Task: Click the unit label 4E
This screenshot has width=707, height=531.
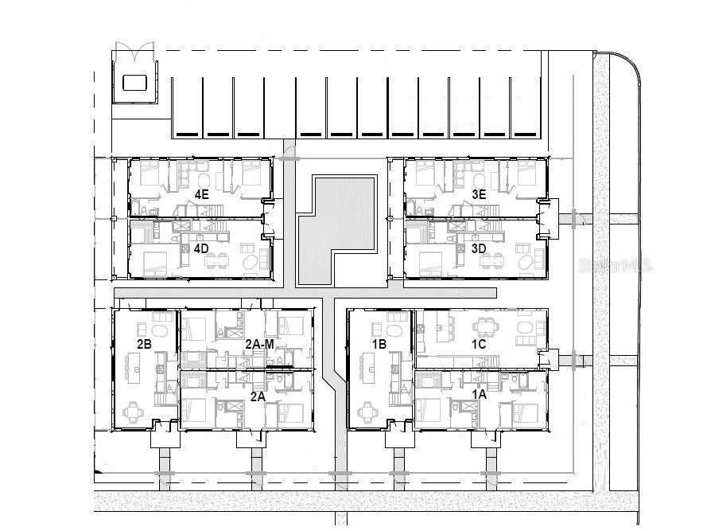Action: coord(201,193)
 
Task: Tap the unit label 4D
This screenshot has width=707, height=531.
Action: coord(201,248)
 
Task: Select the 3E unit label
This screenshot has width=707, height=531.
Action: coord(479,193)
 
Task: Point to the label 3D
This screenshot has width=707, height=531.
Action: coord(479,248)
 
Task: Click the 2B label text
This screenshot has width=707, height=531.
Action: coord(144,344)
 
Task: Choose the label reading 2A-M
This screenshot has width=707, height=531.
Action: coord(260,344)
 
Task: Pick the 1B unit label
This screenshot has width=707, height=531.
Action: coord(379,344)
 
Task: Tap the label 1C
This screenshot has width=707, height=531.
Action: coord(479,344)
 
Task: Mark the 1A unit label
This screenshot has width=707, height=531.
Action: coord(479,393)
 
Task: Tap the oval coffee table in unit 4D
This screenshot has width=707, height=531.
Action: coord(251,260)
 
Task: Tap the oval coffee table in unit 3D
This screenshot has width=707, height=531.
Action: coord(527,260)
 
